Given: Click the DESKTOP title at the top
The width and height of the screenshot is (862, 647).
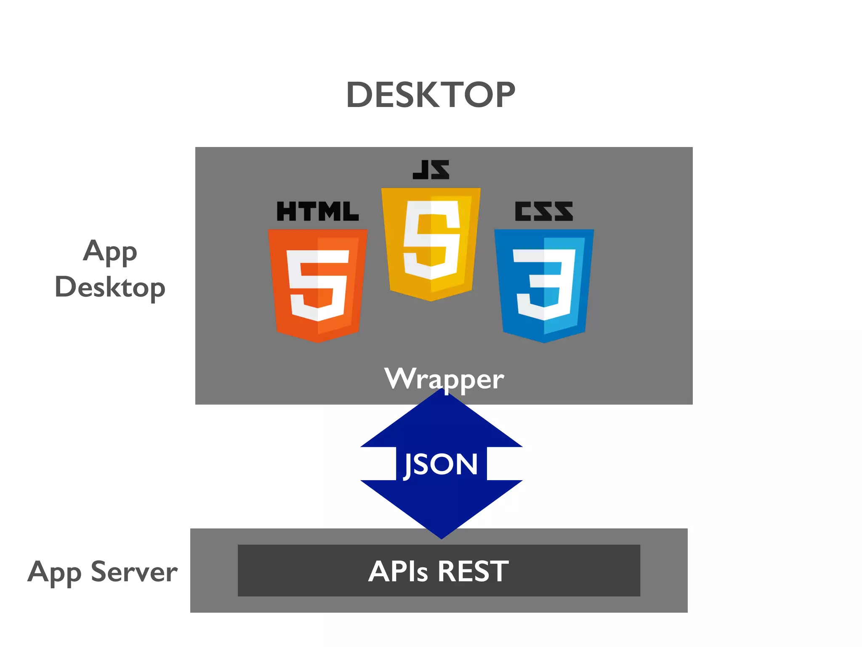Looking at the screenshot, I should (x=431, y=95).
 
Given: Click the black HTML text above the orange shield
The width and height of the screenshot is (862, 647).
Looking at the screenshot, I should (x=318, y=211).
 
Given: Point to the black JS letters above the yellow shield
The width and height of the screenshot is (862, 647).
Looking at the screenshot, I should (x=431, y=170).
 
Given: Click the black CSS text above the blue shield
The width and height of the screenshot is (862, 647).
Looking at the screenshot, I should (x=544, y=211).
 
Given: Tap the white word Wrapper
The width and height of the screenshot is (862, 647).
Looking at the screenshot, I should (x=444, y=378).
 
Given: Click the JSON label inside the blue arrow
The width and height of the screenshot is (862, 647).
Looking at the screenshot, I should (x=441, y=464).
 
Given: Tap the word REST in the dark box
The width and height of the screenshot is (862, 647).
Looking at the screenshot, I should (x=473, y=572).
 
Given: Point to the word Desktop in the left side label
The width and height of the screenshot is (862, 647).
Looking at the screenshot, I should (x=110, y=288).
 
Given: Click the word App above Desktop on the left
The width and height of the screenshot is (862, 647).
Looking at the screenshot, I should (x=110, y=252).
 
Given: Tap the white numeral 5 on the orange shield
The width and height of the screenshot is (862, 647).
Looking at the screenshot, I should (x=318, y=285).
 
